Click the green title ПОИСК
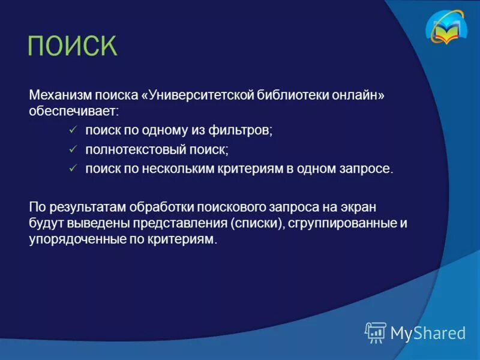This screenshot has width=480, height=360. tap(72, 46)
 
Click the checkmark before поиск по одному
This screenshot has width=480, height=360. tap(73, 130)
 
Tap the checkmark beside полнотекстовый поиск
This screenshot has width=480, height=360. tap(73, 149)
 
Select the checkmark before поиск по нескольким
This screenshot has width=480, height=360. tap(73, 169)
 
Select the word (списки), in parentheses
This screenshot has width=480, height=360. tap(256, 223)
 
